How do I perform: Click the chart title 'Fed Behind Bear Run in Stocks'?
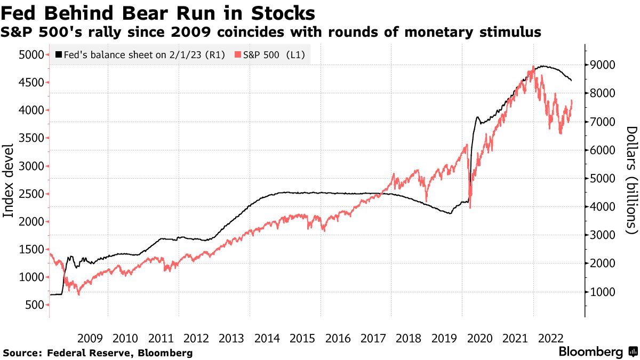(158, 12)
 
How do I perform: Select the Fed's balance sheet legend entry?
(140, 55)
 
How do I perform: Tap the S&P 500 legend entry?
(274, 55)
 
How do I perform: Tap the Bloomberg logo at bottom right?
(597, 352)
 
